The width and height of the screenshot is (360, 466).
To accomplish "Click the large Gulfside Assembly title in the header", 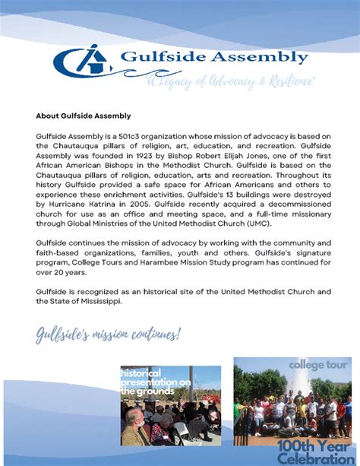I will pos(215,57).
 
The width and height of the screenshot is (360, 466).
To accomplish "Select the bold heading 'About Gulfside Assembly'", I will pos(84,116).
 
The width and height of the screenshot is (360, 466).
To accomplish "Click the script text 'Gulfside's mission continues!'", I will pos(109,334).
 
